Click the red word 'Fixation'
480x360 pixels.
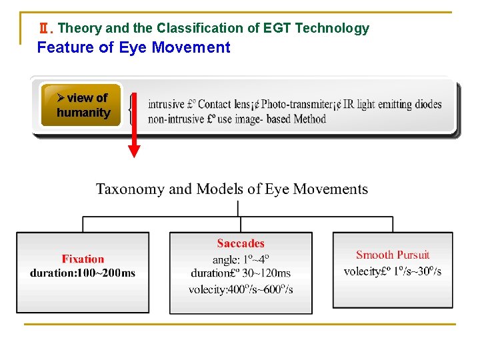pos(83,259)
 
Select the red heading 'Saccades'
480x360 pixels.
pos(241,244)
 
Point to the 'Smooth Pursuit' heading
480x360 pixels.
pos(393,255)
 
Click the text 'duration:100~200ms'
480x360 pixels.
pos(83,273)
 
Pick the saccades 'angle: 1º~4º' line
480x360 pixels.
pos(241,259)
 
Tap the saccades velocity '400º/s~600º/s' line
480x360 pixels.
pos(241,289)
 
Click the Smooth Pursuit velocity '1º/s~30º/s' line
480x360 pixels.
pos(393,271)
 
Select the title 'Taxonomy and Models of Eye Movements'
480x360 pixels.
pos(232,189)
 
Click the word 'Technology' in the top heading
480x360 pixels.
pos(332,28)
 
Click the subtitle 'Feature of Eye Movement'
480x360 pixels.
pos(133,47)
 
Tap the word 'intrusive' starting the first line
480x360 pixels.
pos(166,104)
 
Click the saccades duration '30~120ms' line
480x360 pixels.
pos(241,273)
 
